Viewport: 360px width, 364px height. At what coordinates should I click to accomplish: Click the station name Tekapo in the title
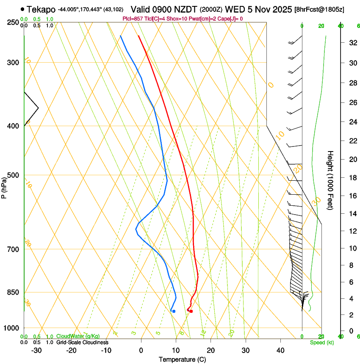click(42, 9)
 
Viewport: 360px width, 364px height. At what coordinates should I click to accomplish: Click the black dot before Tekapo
click(22, 9)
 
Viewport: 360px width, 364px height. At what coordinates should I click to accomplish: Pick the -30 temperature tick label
click(36, 350)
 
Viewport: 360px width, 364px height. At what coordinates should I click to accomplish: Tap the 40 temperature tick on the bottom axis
click(280, 350)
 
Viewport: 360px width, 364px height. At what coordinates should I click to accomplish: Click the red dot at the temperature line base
click(191, 312)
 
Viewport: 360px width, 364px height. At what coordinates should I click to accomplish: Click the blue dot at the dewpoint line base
click(174, 312)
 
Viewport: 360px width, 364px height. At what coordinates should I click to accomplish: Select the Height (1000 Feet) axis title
click(330, 180)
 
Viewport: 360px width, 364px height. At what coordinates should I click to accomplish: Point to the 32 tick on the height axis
click(352, 43)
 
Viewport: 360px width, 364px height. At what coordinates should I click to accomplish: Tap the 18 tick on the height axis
click(352, 178)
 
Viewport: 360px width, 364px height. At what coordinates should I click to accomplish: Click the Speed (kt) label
click(322, 342)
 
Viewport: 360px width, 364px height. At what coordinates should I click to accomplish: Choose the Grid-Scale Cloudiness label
click(82, 342)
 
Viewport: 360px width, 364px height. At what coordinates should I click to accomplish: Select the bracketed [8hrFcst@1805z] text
click(325, 9)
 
